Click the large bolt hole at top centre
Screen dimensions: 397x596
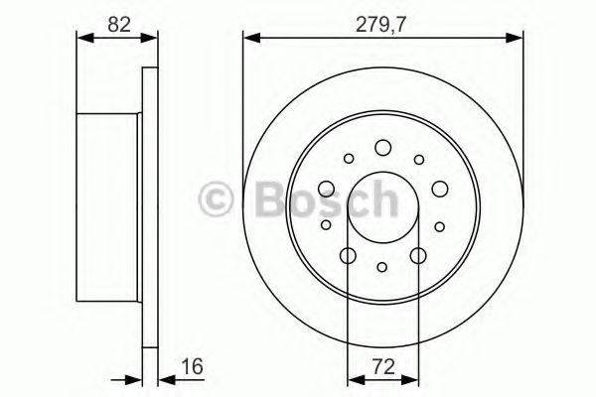[383, 148]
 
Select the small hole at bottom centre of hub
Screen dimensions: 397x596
[383, 266]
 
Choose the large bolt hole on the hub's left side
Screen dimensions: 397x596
[326, 189]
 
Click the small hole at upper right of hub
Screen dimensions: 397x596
[418, 158]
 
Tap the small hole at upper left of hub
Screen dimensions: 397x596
[348, 158]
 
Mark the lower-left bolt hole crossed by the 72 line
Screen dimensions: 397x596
[348, 256]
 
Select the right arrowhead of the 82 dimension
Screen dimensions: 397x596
[153, 38]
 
